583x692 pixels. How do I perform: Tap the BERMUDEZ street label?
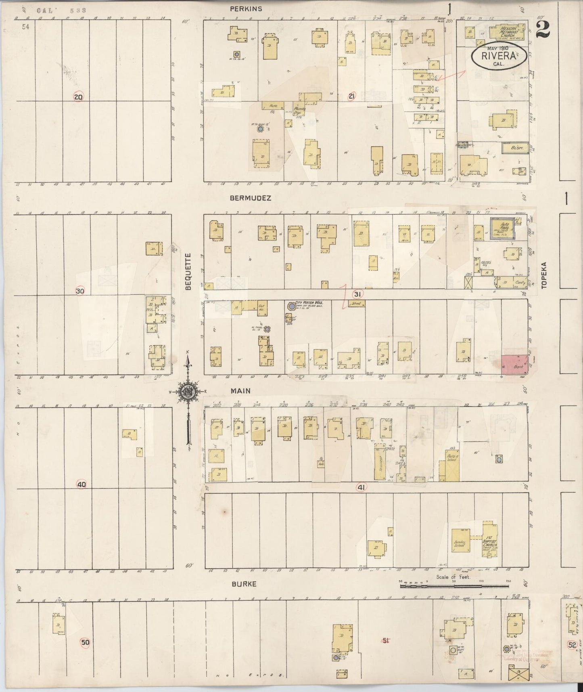click(x=250, y=198)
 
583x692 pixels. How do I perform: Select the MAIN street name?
click(x=241, y=391)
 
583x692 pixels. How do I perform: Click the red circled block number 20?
click(x=78, y=96)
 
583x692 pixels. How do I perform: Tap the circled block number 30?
click(x=80, y=291)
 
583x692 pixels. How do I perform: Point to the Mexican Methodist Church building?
click(x=507, y=31)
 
